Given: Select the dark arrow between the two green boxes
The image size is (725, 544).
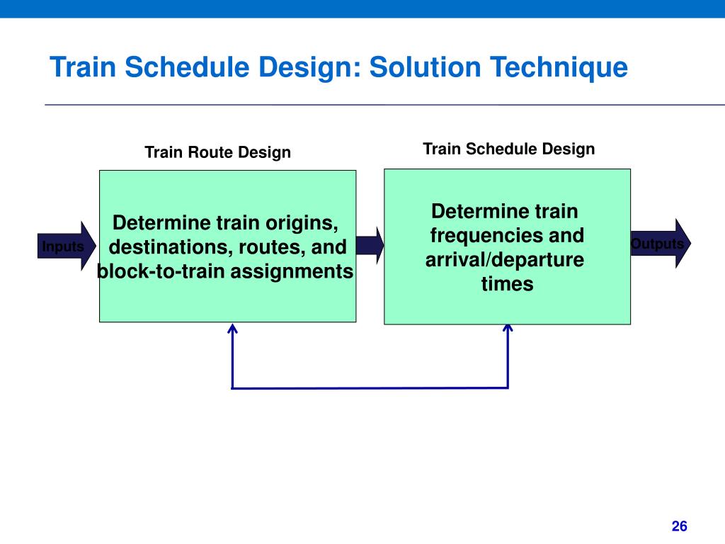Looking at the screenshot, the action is [370, 245].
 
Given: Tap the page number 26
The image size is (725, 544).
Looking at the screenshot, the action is [680, 526].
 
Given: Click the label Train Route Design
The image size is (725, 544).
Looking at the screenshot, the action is [217, 152].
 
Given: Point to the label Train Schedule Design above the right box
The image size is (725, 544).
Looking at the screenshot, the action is [508, 149].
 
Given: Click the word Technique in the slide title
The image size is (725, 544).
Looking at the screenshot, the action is [559, 68].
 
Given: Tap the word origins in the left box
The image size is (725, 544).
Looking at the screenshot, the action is [300, 223].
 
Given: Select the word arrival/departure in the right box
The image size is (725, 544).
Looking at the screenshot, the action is [505, 259].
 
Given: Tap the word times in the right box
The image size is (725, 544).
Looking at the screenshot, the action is [507, 284].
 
